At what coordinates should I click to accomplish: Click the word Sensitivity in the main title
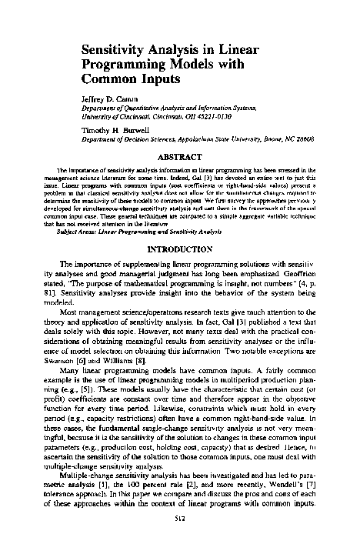pyautogui.click(x=116, y=50)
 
